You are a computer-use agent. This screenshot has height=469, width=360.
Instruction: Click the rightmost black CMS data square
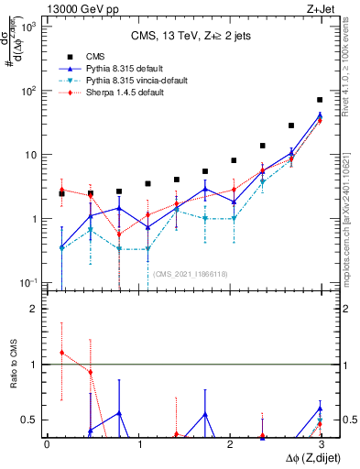[x=320, y=100]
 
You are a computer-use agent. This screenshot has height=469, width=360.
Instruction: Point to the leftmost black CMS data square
[x=61, y=193]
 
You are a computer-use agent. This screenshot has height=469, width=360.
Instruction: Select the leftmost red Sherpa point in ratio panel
[x=61, y=353]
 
